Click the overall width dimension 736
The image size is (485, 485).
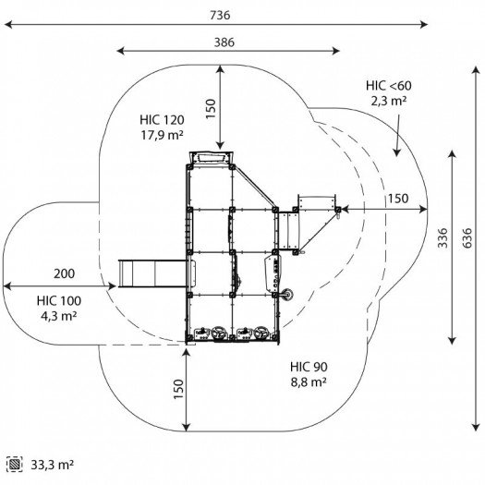(220, 15)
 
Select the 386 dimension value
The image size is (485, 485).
(224, 42)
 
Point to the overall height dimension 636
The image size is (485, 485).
(467, 237)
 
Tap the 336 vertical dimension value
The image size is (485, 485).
(443, 237)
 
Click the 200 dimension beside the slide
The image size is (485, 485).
(64, 273)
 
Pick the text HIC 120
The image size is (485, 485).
(162, 120)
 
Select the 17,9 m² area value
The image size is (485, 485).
(162, 135)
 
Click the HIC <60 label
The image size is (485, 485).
(389, 86)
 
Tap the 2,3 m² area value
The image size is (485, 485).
(389, 101)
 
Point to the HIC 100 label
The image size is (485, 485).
(59, 301)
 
